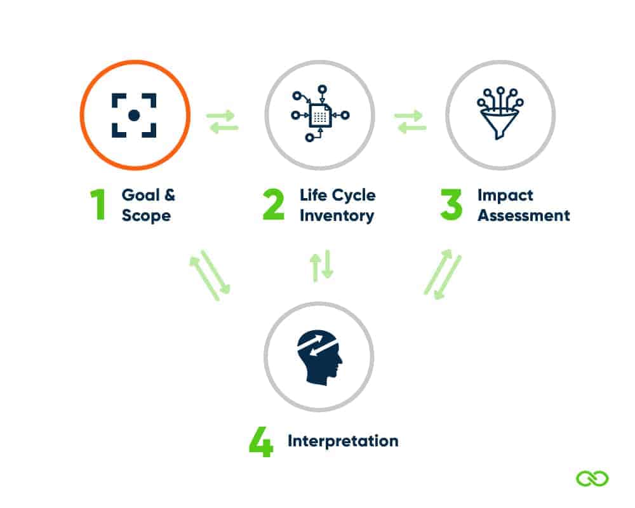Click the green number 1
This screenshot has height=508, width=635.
pyautogui.click(x=98, y=204)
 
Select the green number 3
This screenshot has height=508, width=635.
pyautogui.click(x=451, y=204)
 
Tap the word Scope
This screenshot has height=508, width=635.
pyautogui.click(x=146, y=215)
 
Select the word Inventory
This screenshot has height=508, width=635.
pyautogui.click(x=337, y=215)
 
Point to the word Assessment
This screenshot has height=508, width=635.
pyautogui.click(x=523, y=215)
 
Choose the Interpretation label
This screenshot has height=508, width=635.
pyautogui.click(x=343, y=441)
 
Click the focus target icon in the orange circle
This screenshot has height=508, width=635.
pyautogui.click(x=134, y=115)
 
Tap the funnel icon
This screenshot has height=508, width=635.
pyautogui.click(x=500, y=114)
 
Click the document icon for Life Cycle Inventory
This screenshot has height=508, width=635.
pyautogui.click(x=320, y=114)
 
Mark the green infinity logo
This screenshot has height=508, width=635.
pyautogui.click(x=592, y=478)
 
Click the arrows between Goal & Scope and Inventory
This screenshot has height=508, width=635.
pyautogui.click(x=222, y=121)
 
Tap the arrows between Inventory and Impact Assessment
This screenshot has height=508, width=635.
pyautogui.click(x=410, y=121)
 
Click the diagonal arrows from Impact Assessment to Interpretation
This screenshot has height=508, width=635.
pyautogui.click(x=443, y=274)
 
